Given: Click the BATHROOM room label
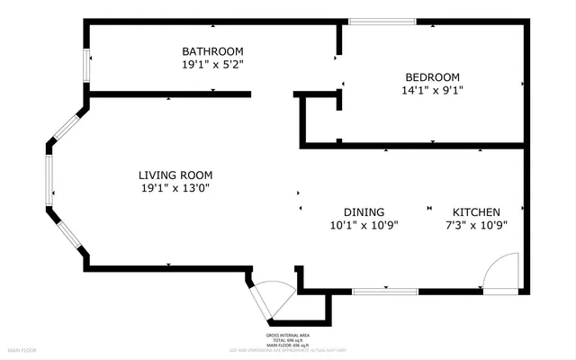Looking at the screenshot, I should pyautogui.click(x=212, y=51).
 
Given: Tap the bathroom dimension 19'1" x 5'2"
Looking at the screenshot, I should pyautogui.click(x=212, y=65).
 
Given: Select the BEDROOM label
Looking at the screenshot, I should pyautogui.click(x=432, y=76).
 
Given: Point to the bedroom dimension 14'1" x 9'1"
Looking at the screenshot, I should pyautogui.click(x=432, y=90).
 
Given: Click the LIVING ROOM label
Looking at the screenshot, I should pyautogui.click(x=175, y=175).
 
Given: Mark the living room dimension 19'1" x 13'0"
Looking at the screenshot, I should pyautogui.click(x=175, y=188).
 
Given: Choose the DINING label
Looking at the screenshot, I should pyautogui.click(x=364, y=211).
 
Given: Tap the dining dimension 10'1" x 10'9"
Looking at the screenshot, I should pyautogui.click(x=364, y=225).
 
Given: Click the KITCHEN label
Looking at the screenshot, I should pyautogui.click(x=476, y=211).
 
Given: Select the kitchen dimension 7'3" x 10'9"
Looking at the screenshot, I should pyautogui.click(x=476, y=225).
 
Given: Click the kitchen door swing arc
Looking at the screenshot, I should pyautogui.click(x=500, y=270).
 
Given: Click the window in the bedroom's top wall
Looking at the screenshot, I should pyautogui.click(x=382, y=22).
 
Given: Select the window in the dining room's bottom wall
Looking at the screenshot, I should pyautogui.click(x=384, y=292).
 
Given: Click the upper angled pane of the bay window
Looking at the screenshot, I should pyautogui.click(x=67, y=125).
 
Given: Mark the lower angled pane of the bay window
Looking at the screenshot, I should pyautogui.click(x=67, y=235).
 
